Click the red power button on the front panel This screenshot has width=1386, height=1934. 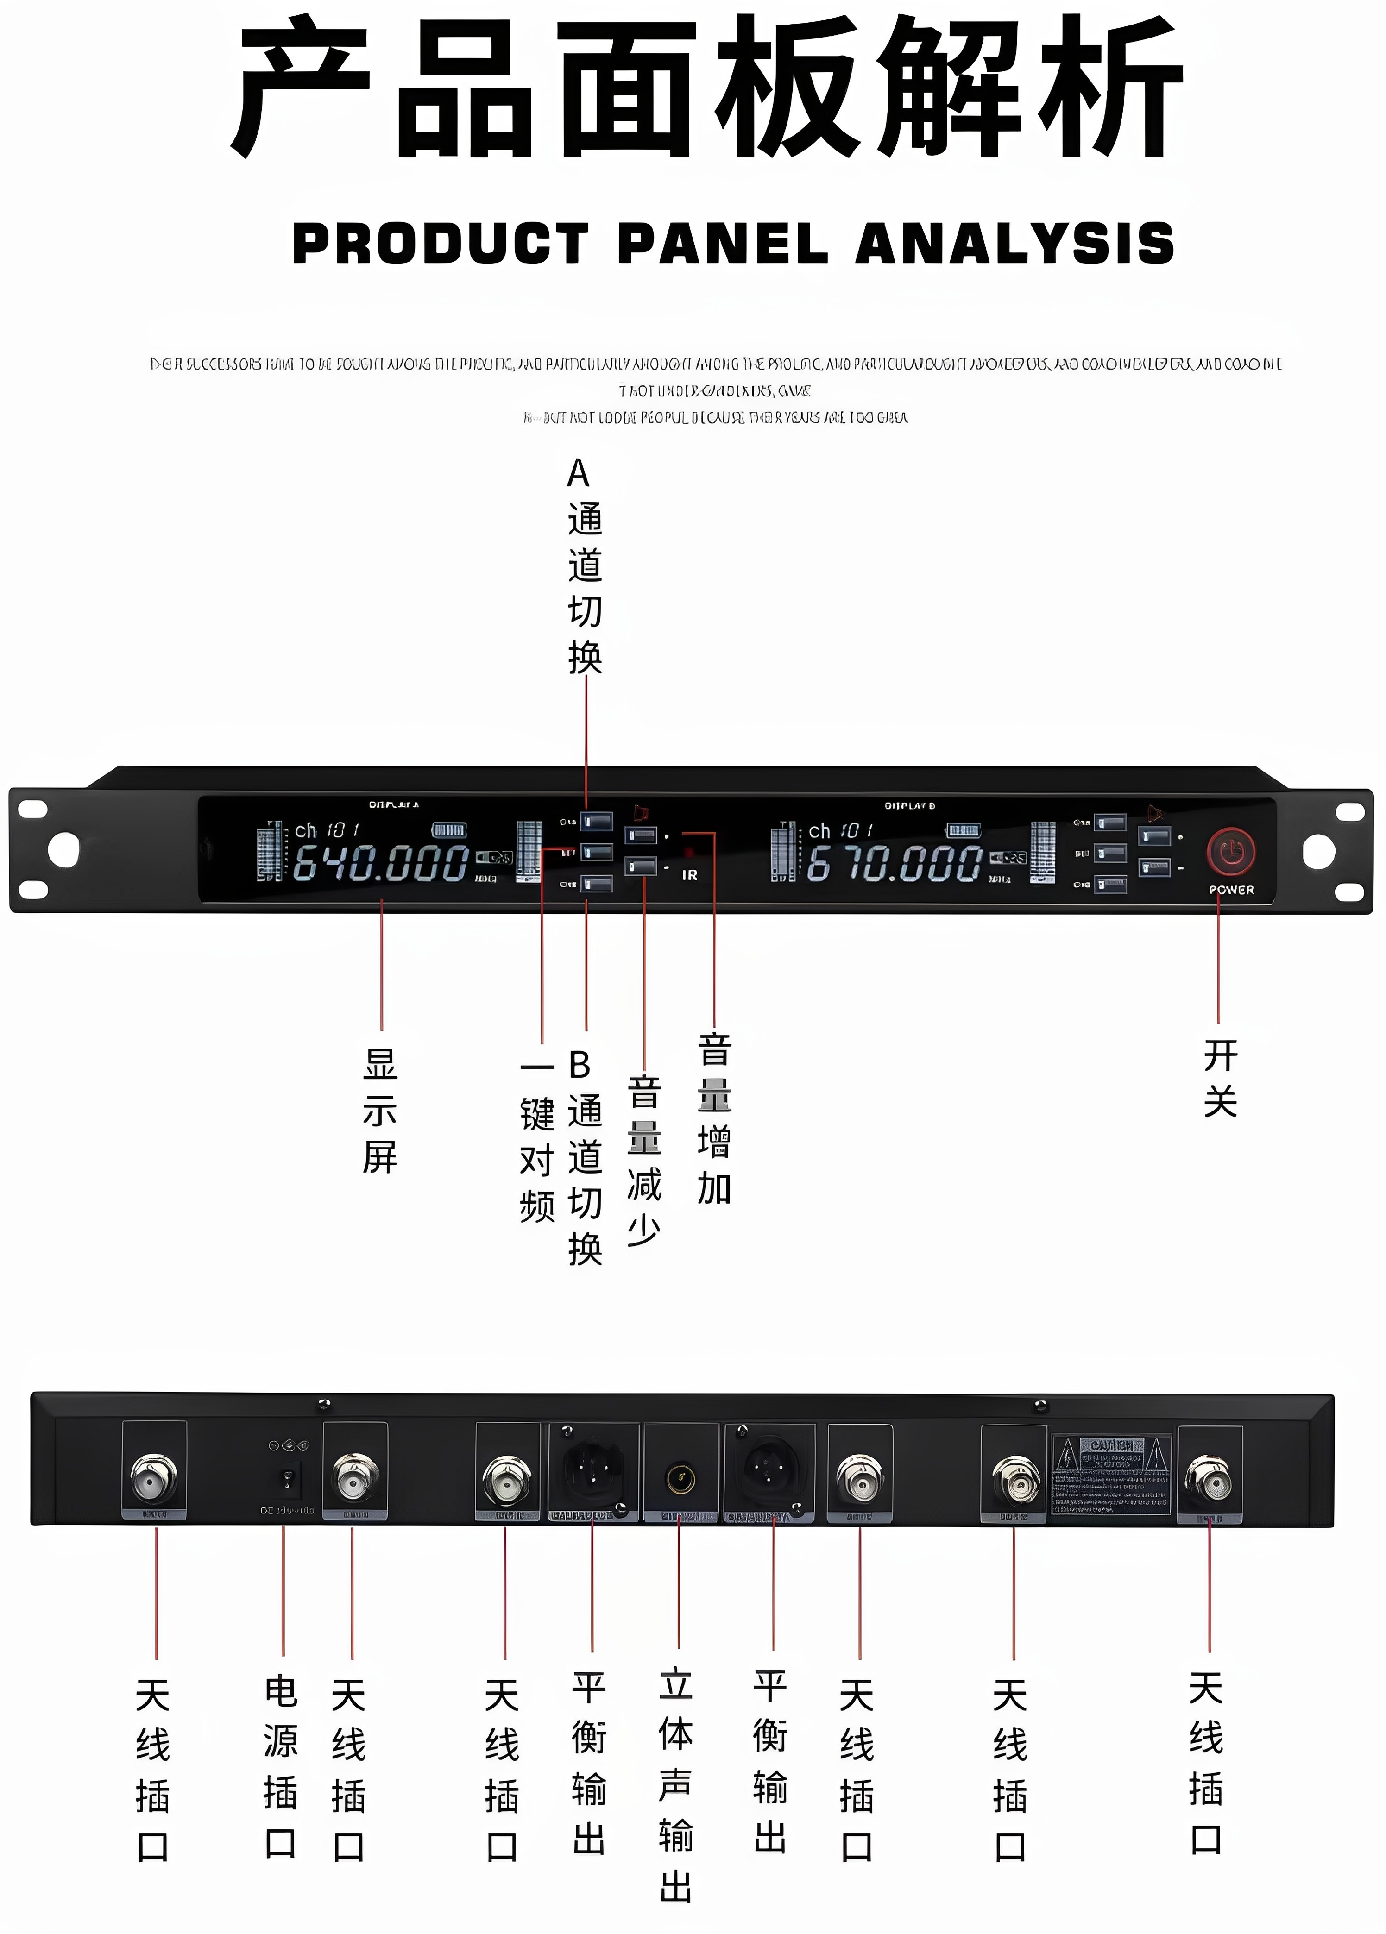coord(1231,851)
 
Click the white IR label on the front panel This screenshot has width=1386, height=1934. coord(689,875)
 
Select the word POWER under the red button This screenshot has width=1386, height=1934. coord(1231,889)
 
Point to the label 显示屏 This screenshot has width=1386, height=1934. coord(380,1111)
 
